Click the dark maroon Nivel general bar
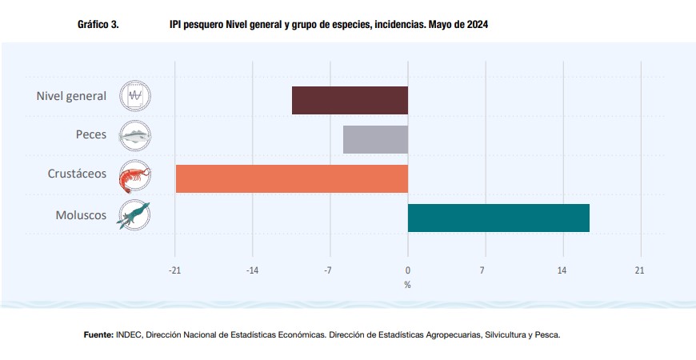(x=350, y=100)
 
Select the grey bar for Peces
(x=375, y=139)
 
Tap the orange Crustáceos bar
(x=291, y=178)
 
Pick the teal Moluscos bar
(x=498, y=218)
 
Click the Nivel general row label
(x=71, y=96)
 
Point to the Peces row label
(x=90, y=134)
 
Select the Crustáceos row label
(x=76, y=174)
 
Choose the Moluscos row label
(x=80, y=214)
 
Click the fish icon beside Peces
(x=135, y=136)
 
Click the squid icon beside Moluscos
(x=134, y=215)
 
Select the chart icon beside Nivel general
(x=135, y=96)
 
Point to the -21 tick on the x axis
(x=174, y=270)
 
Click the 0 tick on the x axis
(x=408, y=270)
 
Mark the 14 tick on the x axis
(x=562, y=270)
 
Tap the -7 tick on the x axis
(x=328, y=270)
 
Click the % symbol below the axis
(x=407, y=284)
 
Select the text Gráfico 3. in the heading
(x=98, y=26)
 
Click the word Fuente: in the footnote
(x=98, y=334)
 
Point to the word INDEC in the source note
(x=130, y=334)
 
